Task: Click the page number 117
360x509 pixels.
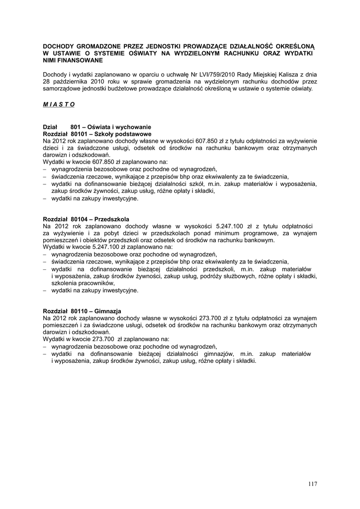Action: click(x=312, y=484)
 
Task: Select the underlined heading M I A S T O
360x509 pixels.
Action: click(x=59, y=104)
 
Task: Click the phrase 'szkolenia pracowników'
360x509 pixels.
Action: click(x=83, y=283)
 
